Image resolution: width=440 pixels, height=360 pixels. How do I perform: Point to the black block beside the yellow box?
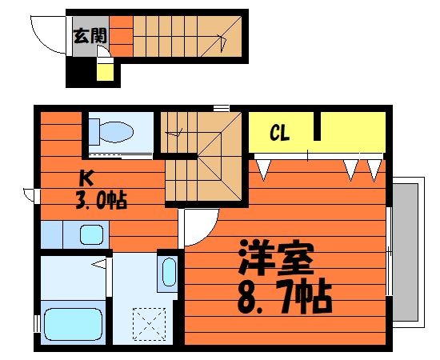pos(81,74)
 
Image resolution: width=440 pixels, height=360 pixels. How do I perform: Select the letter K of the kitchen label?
pos(84,178)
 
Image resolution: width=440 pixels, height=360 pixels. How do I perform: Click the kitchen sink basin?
pos(90,235)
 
